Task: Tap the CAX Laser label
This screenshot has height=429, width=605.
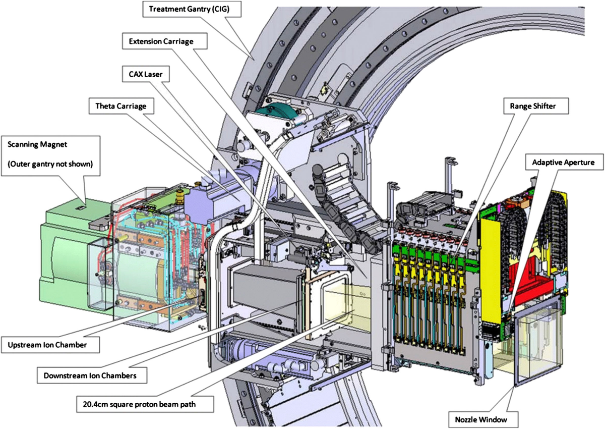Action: tap(146, 74)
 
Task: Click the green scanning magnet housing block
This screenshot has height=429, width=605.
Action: tap(66, 252)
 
